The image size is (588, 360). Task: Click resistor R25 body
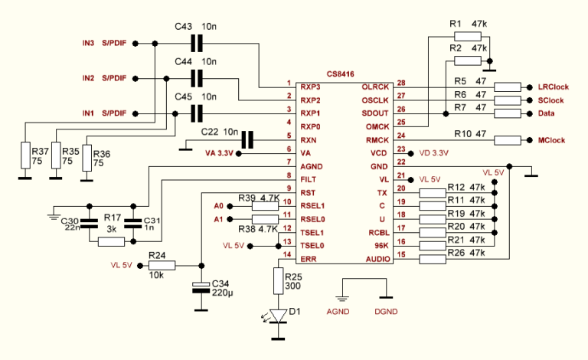click(278, 280)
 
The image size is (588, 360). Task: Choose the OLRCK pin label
click(376, 87)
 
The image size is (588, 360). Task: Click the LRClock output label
click(554, 87)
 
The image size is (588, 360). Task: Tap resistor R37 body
click(25, 156)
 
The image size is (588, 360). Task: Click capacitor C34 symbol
click(201, 287)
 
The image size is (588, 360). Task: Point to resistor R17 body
click(112, 241)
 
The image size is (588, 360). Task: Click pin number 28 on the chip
click(400, 83)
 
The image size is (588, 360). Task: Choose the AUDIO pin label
click(376, 260)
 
